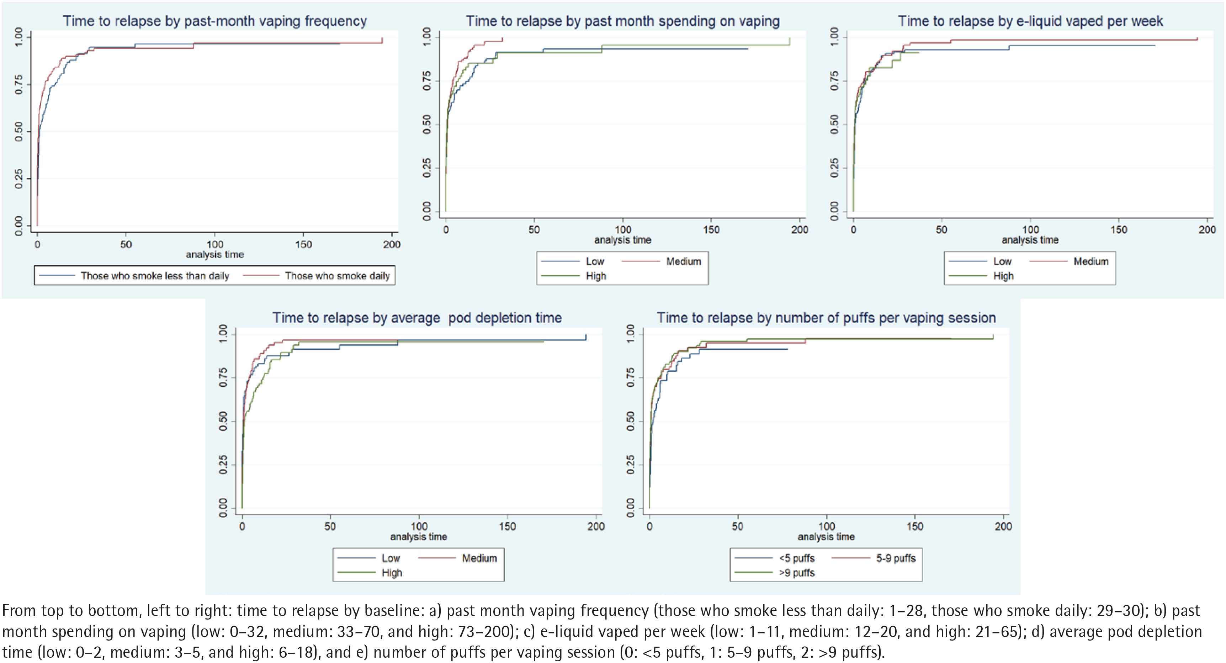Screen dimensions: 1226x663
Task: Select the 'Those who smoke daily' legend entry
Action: tap(317, 276)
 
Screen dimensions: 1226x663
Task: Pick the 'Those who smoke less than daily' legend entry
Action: tap(134, 276)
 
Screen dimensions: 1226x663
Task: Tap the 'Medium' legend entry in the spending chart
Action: tap(662, 261)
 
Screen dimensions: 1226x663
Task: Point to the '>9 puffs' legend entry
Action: tap(774, 573)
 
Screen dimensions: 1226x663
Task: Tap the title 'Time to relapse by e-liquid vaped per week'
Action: tap(1030, 21)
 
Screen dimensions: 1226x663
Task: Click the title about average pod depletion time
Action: tap(417, 318)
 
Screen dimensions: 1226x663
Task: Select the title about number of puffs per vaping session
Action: tap(826, 318)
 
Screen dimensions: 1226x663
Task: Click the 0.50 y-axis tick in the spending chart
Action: tap(427, 124)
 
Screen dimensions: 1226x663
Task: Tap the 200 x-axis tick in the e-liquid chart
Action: tap(1207, 230)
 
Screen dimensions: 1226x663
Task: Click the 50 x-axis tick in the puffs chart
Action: tap(738, 527)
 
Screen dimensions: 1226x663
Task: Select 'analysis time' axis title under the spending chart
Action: tap(622, 240)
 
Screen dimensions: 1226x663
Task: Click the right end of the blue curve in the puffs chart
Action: tap(788, 349)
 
